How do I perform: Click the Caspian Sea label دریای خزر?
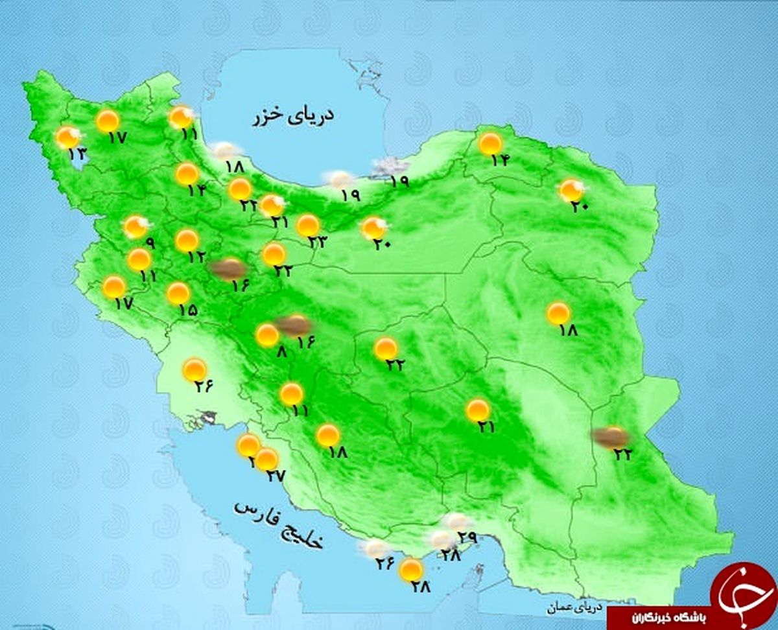tap(294, 117)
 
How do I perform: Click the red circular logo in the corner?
tap(742, 594)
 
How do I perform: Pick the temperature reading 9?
tap(150, 244)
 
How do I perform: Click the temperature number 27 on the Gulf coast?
tap(275, 476)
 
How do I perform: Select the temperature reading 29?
tap(467, 537)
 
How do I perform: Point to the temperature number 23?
tap(318, 242)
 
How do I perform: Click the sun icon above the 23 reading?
tap(308, 226)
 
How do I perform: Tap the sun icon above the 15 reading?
tap(178, 294)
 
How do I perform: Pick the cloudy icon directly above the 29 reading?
tap(456, 521)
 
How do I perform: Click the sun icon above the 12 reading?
tap(187, 240)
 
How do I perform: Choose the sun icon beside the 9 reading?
tap(136, 227)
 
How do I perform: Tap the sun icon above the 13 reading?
tap(67, 137)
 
